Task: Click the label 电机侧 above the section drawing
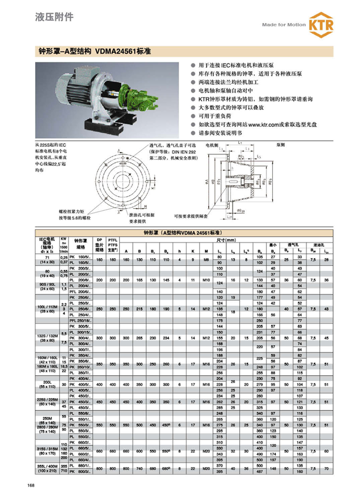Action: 212,144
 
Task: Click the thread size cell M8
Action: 205,260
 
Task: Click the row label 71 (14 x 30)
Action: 47,260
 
